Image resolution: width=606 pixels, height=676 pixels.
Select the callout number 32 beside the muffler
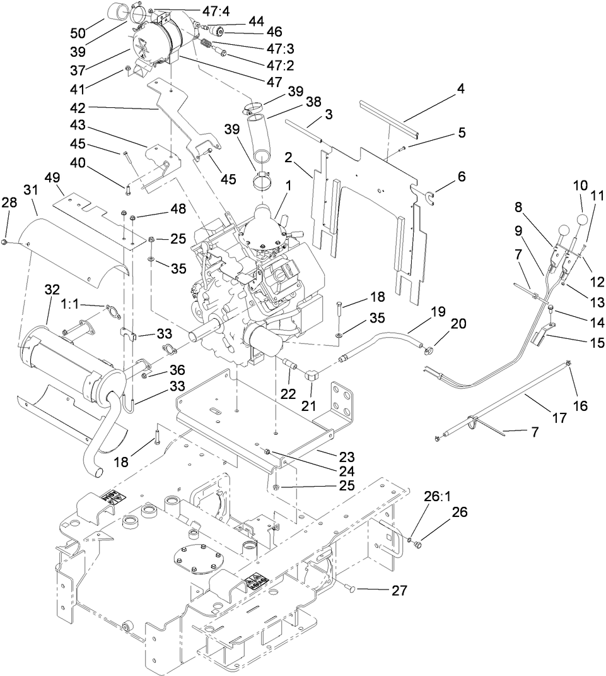click(x=54, y=289)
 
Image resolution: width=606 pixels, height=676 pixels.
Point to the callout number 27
click(x=400, y=591)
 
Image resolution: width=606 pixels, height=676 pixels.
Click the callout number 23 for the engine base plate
click(x=346, y=457)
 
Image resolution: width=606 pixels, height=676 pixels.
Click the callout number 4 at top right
click(x=461, y=89)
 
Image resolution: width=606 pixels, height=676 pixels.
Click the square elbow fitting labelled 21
click(x=313, y=376)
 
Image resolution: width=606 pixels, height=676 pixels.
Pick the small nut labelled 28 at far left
click(x=5, y=242)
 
